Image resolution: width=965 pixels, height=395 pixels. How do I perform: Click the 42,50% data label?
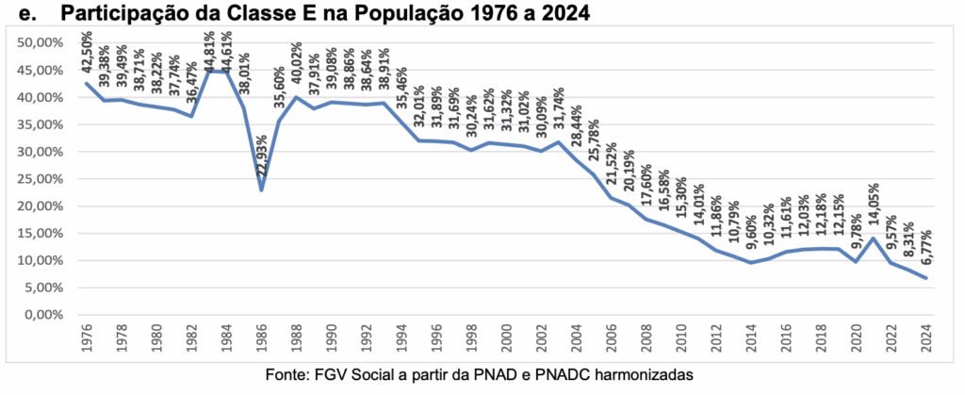click(x=87, y=56)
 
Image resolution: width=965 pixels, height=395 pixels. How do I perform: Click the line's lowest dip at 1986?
click(x=261, y=189)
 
